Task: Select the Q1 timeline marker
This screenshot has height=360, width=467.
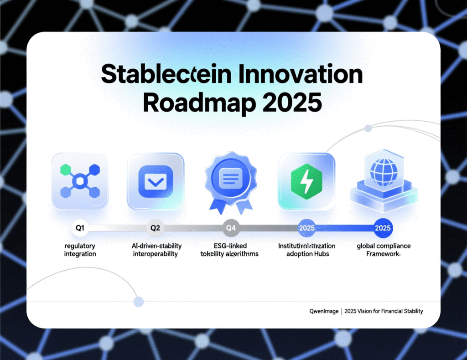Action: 80,228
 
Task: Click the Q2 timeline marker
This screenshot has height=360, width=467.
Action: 155,228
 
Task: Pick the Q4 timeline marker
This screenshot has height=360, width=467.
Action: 231,228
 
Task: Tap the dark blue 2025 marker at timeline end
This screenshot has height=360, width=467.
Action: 383,228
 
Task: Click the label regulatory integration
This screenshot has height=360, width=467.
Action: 80,250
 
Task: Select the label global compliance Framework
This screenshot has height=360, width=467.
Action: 383,250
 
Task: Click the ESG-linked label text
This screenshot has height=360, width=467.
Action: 230,246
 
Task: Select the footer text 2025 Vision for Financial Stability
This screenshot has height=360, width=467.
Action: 384,311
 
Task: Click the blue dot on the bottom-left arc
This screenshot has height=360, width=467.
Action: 138,301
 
